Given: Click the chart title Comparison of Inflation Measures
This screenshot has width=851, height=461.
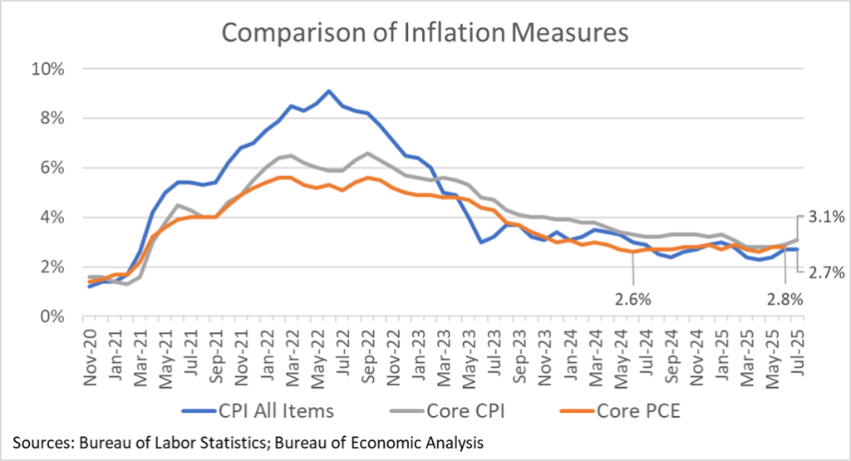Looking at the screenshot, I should pos(425,33).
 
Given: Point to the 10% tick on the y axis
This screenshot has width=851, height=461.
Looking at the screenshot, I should pos(50,68).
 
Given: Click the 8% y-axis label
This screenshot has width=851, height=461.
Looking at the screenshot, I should pos(54,118).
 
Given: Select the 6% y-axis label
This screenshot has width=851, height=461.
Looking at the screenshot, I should pos(54,168).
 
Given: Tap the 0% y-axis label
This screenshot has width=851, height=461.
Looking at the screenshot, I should pos(54,316).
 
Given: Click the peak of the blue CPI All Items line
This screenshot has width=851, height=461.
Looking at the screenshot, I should pos(329,91).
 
